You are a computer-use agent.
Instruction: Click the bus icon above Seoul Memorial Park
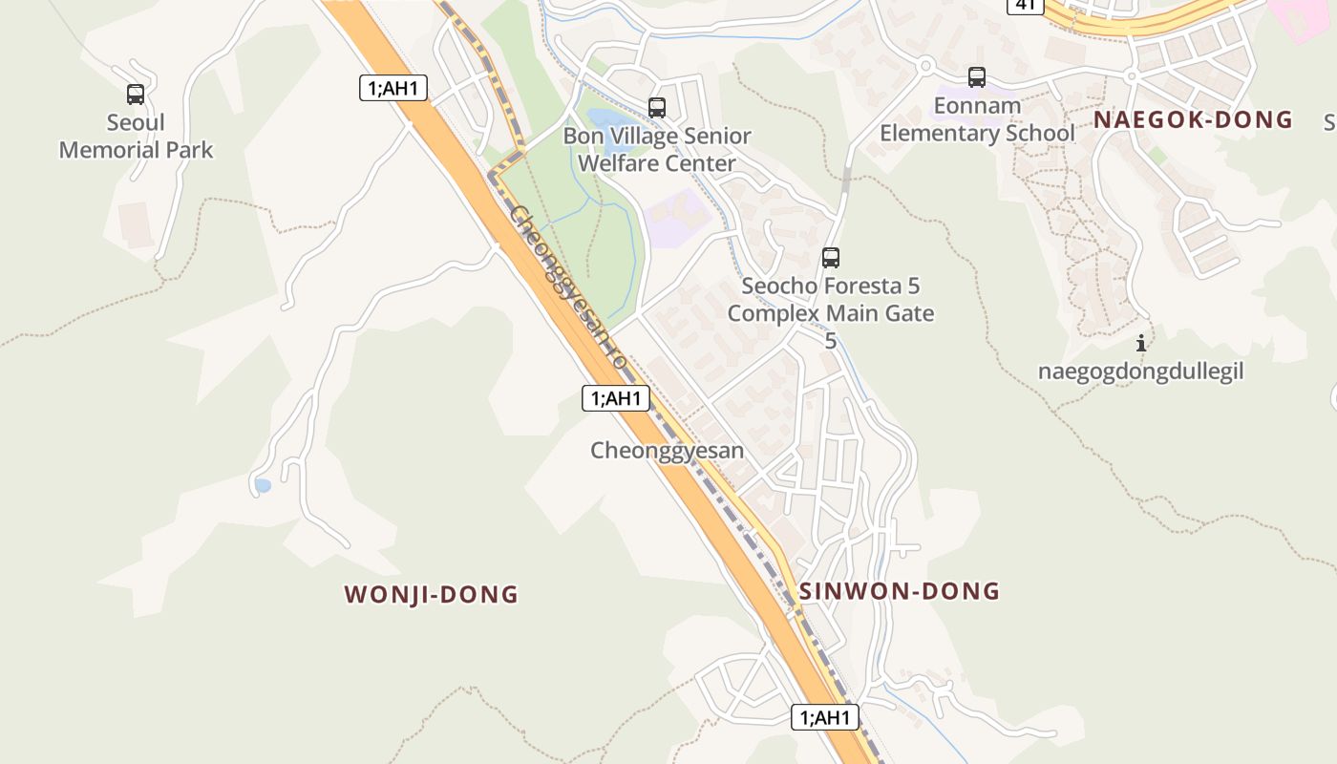point(136,95)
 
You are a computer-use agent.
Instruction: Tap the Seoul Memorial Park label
point(136,137)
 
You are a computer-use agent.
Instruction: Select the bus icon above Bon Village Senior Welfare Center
point(657,108)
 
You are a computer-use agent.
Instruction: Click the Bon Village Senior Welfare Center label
point(657,150)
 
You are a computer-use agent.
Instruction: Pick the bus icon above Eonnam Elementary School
point(976,77)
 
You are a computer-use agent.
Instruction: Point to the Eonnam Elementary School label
point(976,119)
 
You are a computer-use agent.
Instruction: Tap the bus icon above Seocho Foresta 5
point(831,257)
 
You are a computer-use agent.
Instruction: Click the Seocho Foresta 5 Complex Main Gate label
point(831,300)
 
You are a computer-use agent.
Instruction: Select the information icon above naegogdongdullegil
point(1140,343)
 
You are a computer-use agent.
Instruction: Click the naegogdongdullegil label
point(1140,371)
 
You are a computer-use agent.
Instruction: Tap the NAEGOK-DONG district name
point(1193,120)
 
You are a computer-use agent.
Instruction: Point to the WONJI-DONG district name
point(431,595)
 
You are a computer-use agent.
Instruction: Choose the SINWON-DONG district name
point(899,591)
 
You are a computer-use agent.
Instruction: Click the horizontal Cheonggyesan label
point(667,451)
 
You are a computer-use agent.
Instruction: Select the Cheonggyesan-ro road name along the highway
point(567,286)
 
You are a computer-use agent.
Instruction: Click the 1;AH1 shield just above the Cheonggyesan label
point(616,398)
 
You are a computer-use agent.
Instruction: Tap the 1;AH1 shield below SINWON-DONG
point(825,717)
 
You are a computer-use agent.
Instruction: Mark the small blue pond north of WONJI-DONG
point(263,486)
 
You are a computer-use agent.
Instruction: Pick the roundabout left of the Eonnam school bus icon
point(924,66)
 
